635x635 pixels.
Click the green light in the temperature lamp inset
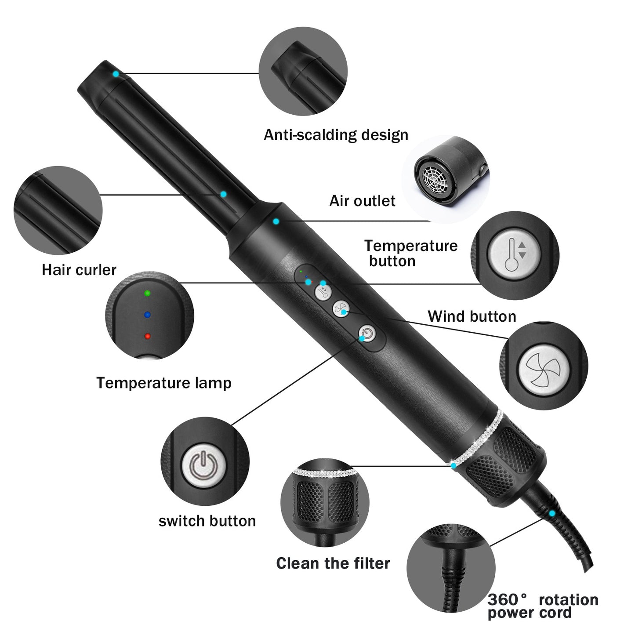[x=147, y=293]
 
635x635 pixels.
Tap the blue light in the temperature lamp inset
[x=147, y=315]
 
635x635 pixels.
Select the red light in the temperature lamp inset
[x=147, y=336]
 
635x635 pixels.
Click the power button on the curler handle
[x=367, y=334]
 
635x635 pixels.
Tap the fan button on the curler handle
[x=340, y=308]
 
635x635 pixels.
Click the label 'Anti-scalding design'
[x=336, y=135]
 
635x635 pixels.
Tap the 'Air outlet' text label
[x=362, y=201]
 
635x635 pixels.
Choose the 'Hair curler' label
[x=79, y=269]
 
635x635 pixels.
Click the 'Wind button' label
[x=472, y=316]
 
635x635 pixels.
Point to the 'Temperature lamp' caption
[x=163, y=383]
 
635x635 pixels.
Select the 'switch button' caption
[x=207, y=521]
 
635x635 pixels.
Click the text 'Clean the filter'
[x=333, y=563]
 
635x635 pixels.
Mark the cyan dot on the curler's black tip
[x=116, y=74]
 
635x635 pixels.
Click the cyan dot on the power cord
[x=552, y=513]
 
